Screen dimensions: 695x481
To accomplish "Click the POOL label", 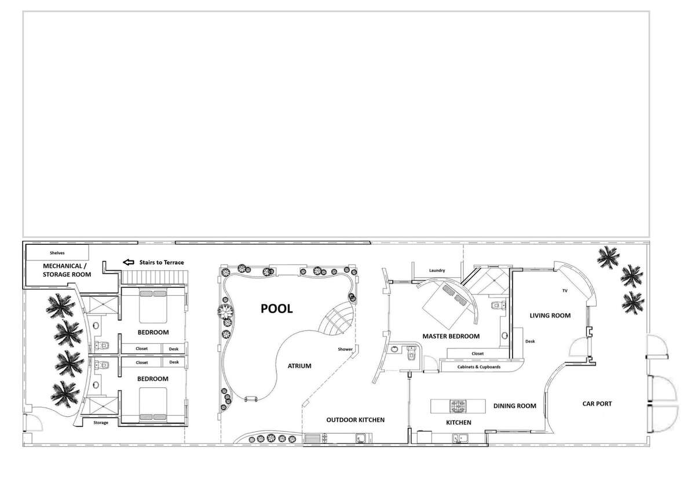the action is pos(276,309).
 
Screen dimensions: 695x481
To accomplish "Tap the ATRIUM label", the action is pos(299,366).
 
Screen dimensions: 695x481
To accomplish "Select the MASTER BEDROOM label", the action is pos(451,336).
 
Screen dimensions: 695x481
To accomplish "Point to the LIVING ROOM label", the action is pos(550,315).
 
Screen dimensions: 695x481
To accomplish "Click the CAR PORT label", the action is pos(597,404).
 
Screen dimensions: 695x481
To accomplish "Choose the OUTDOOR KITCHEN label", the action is pos(355,420).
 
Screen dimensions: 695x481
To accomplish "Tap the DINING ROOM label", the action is pos(515,406).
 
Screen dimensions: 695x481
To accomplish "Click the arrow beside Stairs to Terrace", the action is pos(129,262).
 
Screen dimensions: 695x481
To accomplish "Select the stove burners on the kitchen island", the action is pos(458,406).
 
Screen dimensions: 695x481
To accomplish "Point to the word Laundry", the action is pos(437,270).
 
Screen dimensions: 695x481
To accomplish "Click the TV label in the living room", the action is pos(565,291).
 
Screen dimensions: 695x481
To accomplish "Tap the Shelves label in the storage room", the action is pos(57,253).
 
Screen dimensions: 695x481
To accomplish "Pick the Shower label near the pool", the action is pos(345,349).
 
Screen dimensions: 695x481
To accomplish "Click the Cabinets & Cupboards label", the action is pos(479,367).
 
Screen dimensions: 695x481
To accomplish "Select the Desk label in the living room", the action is pos(530,341).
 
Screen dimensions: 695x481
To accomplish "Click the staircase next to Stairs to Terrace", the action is pos(155,277).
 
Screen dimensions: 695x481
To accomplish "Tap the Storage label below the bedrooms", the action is pos(101,423).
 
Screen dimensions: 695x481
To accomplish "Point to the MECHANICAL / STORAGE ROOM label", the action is pos(67,270).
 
